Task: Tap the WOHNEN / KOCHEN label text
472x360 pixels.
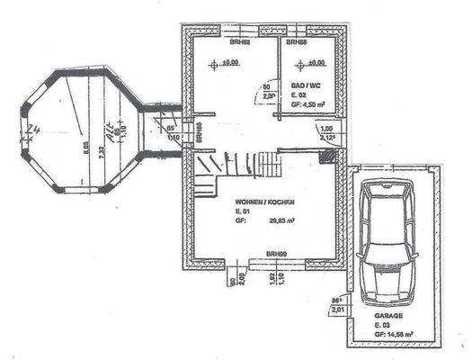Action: tap(263, 202)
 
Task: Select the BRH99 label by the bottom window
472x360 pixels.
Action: tap(277, 256)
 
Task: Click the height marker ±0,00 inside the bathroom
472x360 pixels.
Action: tap(315, 63)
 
